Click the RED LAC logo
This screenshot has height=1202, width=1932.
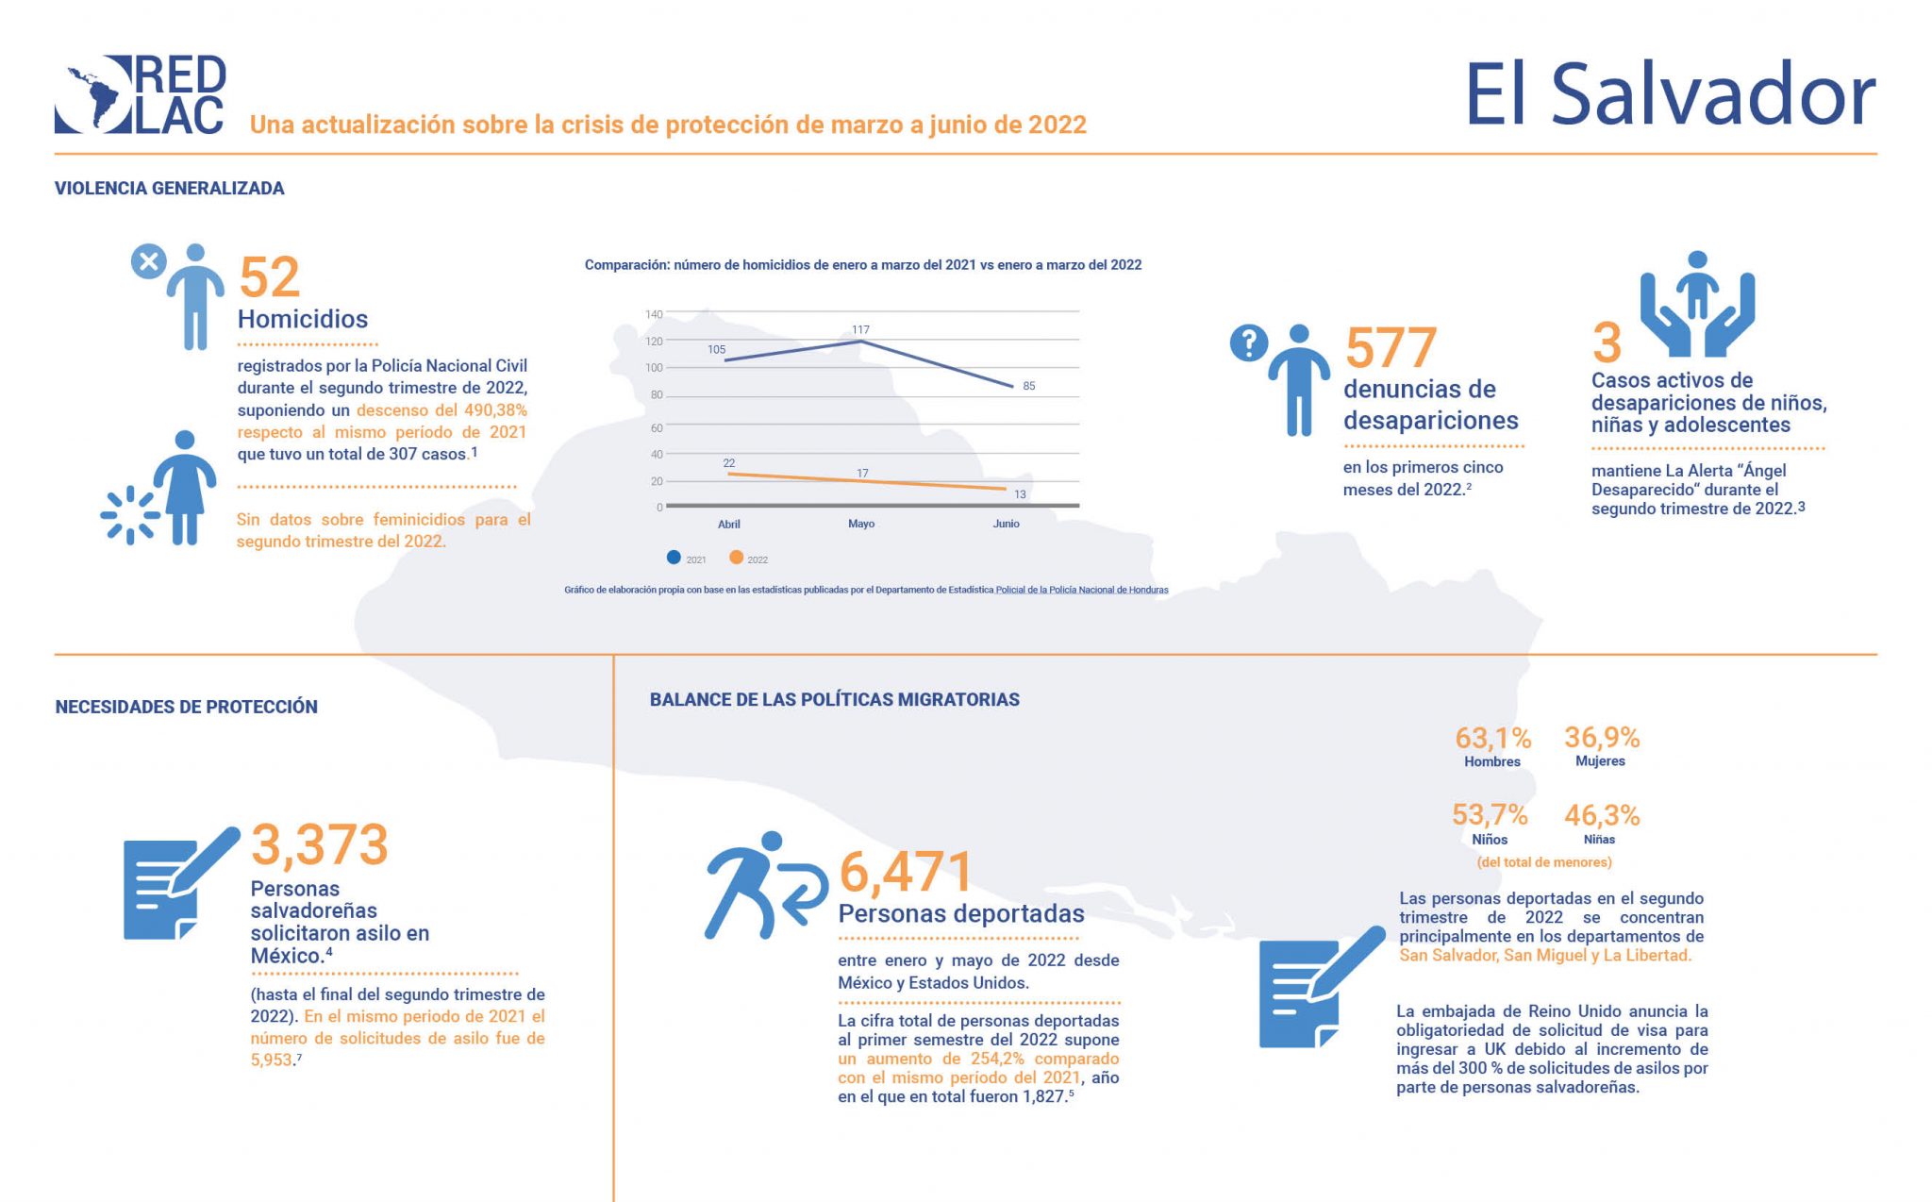point(140,94)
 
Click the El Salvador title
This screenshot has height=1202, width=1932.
point(1669,95)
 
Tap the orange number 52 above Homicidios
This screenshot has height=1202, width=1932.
point(269,277)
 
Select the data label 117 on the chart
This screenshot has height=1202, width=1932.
point(860,329)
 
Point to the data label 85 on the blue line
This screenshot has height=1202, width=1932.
point(1028,386)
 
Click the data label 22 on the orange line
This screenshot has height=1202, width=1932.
point(729,463)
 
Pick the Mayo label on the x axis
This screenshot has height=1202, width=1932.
point(860,524)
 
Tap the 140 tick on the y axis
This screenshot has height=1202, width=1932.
point(654,314)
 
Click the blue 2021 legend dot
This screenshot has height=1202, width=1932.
point(674,558)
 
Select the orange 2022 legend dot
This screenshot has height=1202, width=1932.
point(736,558)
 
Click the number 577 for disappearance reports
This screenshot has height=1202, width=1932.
point(1391,348)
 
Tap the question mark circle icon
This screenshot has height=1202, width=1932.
point(1248,343)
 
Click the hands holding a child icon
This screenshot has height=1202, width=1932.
point(1696,304)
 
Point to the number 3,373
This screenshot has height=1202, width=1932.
point(320,844)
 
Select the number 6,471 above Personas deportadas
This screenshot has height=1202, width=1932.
point(905,872)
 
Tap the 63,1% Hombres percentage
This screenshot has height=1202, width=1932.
point(1492,738)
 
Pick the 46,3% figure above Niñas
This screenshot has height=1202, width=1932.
point(1601,815)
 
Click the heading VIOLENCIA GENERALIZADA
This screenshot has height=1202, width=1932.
point(170,189)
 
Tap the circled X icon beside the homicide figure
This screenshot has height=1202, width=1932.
point(148,261)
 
